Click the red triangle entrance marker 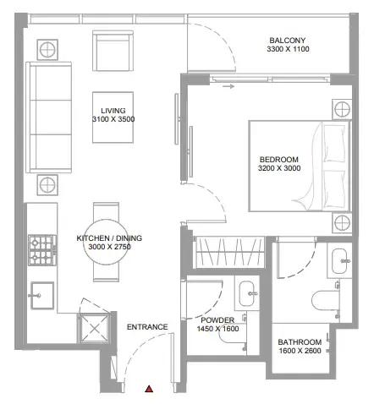point(149,389)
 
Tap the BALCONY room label point(288,41)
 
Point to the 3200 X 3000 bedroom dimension point(279,168)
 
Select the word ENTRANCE point(147,327)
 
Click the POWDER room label point(217,320)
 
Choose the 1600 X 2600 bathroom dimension point(300,351)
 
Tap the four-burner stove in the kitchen point(42,250)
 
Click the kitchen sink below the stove point(42,295)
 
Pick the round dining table point(106,242)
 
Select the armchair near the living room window point(113,51)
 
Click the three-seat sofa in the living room point(48,117)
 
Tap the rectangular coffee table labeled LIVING point(113,117)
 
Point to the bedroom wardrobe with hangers point(229,252)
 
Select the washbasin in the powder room point(248,293)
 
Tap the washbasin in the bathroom point(340,261)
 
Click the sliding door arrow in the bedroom point(228,86)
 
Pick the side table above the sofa point(47,50)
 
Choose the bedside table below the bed point(342,223)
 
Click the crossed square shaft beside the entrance point(94,328)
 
